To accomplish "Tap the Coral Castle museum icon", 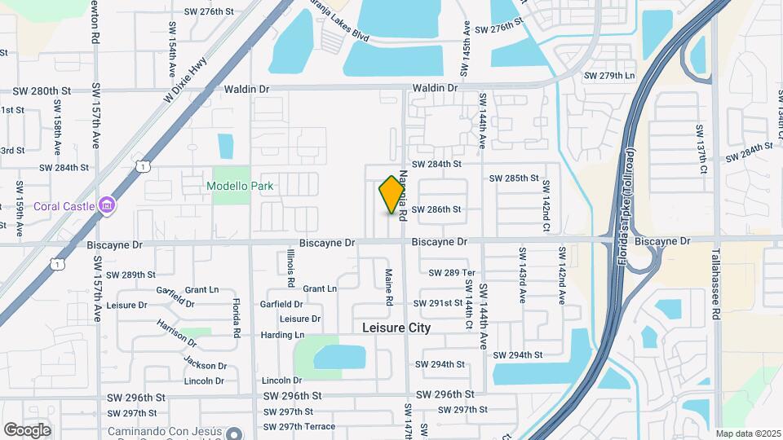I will click(106, 205).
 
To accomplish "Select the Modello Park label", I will click(240, 186).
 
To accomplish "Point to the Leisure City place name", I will click(396, 328).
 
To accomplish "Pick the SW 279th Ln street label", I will click(608, 76).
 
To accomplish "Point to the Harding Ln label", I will click(282, 335).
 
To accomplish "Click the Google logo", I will click(27, 429).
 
